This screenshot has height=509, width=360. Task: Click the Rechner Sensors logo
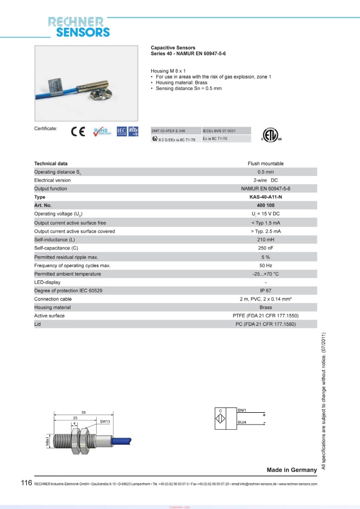coord(79,27)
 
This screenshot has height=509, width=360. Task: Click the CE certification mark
coord(78,132)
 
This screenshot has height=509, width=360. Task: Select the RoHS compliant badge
coord(101,132)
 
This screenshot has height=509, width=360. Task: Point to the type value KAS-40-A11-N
coord(265,197)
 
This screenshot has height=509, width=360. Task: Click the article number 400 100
coord(265,205)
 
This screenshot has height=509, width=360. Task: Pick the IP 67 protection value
coord(265,291)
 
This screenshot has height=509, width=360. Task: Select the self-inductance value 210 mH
coord(265,240)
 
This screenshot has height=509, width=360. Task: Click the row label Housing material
coord(52,307)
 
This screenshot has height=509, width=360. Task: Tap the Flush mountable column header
coord(265,164)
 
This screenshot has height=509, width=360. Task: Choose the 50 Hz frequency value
coord(265,265)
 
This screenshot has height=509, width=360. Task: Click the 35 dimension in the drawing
coord(83,413)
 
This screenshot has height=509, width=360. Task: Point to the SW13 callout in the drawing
coord(105,421)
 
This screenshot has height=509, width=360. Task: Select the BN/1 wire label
coord(243,410)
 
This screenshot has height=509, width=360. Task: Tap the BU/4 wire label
coord(243,423)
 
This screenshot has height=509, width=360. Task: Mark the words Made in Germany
coord(292,470)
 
